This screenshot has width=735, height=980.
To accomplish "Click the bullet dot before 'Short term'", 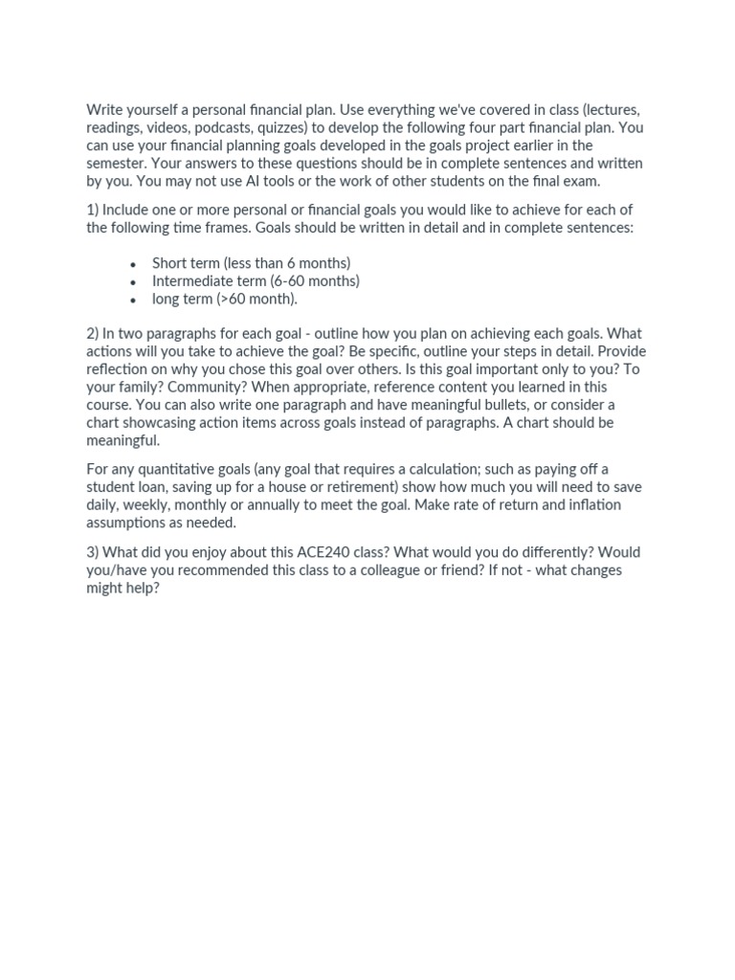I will pos(133,264).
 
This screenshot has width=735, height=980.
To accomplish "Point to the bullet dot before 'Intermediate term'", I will pos(133,282).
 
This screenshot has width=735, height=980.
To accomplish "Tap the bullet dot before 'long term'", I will pos(133,301).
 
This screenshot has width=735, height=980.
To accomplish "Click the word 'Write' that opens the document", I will pos(106,109).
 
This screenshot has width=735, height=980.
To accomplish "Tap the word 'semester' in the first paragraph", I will pos(118,163).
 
